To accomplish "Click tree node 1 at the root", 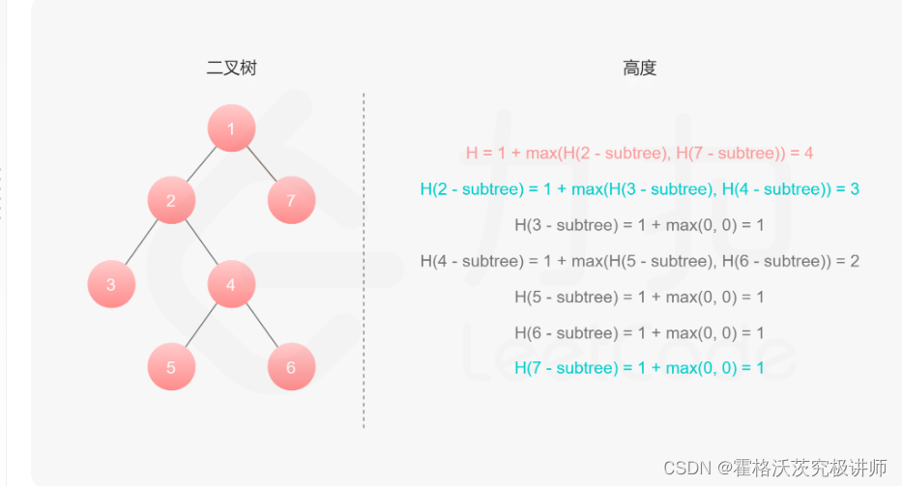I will [x=231, y=129].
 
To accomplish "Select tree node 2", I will [x=171, y=201].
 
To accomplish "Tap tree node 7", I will [x=291, y=201].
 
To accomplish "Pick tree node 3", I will [x=111, y=284].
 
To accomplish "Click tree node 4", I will [x=231, y=284].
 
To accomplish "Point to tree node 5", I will [x=171, y=367].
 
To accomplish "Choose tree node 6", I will [x=291, y=367].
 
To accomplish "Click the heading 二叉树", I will [x=231, y=68].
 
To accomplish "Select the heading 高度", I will [x=639, y=68].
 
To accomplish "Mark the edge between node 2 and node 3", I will [x=141, y=243].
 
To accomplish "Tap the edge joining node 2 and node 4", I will [x=201, y=243].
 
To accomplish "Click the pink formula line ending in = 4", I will [x=639, y=153].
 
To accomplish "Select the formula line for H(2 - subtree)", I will [x=639, y=189].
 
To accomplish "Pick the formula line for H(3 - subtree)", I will [x=639, y=225].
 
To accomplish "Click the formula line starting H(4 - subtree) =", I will [x=639, y=261].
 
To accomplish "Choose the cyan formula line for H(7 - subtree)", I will [x=639, y=368].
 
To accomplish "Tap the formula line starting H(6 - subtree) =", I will [x=639, y=332].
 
